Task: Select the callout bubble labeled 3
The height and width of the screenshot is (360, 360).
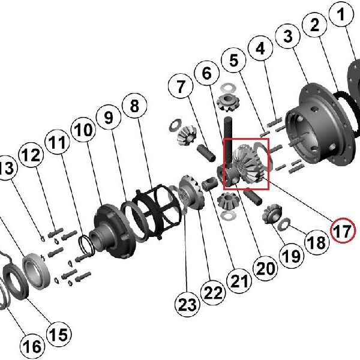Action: point(288,36)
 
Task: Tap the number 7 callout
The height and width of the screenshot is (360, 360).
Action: point(181,86)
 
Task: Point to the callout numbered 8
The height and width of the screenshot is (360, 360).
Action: point(134,106)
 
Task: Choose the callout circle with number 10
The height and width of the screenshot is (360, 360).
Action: point(83,130)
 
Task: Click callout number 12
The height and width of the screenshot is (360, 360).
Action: point(31,155)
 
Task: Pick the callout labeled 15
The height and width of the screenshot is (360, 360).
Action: point(59,334)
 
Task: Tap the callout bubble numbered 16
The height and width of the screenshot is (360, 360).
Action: point(32,346)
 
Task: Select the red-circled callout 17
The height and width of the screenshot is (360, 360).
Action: point(343,230)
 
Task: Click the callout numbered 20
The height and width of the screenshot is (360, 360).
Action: point(265,268)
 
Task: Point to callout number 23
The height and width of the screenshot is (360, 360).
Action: point(187,304)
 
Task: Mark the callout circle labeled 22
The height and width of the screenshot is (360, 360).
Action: point(213,293)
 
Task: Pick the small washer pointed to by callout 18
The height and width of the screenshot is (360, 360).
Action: point(284,224)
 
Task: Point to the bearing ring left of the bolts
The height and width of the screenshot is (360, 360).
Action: point(37,271)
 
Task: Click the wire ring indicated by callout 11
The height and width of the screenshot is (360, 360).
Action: point(86,244)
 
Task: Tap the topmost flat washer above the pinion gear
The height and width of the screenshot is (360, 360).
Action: point(228,88)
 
